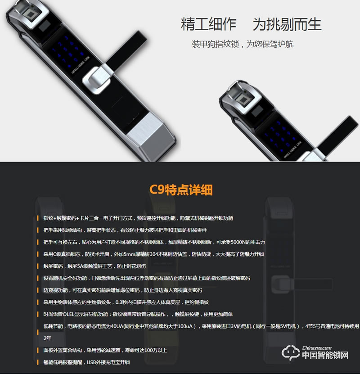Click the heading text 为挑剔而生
[287, 24]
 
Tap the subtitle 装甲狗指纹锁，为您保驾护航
[243, 45]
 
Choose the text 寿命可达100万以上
[144, 350]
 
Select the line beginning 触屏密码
[94, 266]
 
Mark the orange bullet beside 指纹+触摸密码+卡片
[38, 218]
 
